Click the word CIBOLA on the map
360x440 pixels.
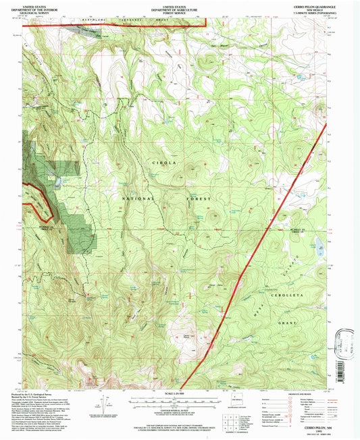coord(160,163)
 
